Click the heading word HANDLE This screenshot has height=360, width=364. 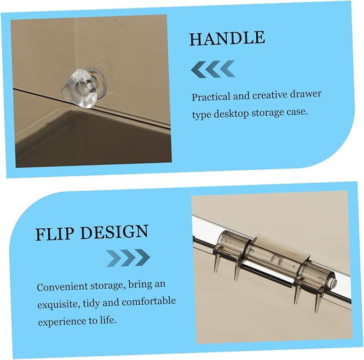(227, 38)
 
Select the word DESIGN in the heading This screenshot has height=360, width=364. (114, 232)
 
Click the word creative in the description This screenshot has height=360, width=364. (269, 95)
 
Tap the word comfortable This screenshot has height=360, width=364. (149, 302)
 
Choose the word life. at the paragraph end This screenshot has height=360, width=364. (108, 320)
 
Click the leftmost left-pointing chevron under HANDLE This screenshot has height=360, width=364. (198, 70)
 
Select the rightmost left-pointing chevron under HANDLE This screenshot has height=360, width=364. (227, 69)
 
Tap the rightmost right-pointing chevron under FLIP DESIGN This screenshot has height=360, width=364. (142, 257)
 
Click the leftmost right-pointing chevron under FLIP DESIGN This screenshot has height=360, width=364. (113, 258)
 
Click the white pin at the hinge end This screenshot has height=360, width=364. (334, 283)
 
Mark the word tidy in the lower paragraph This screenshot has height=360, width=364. (92, 303)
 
